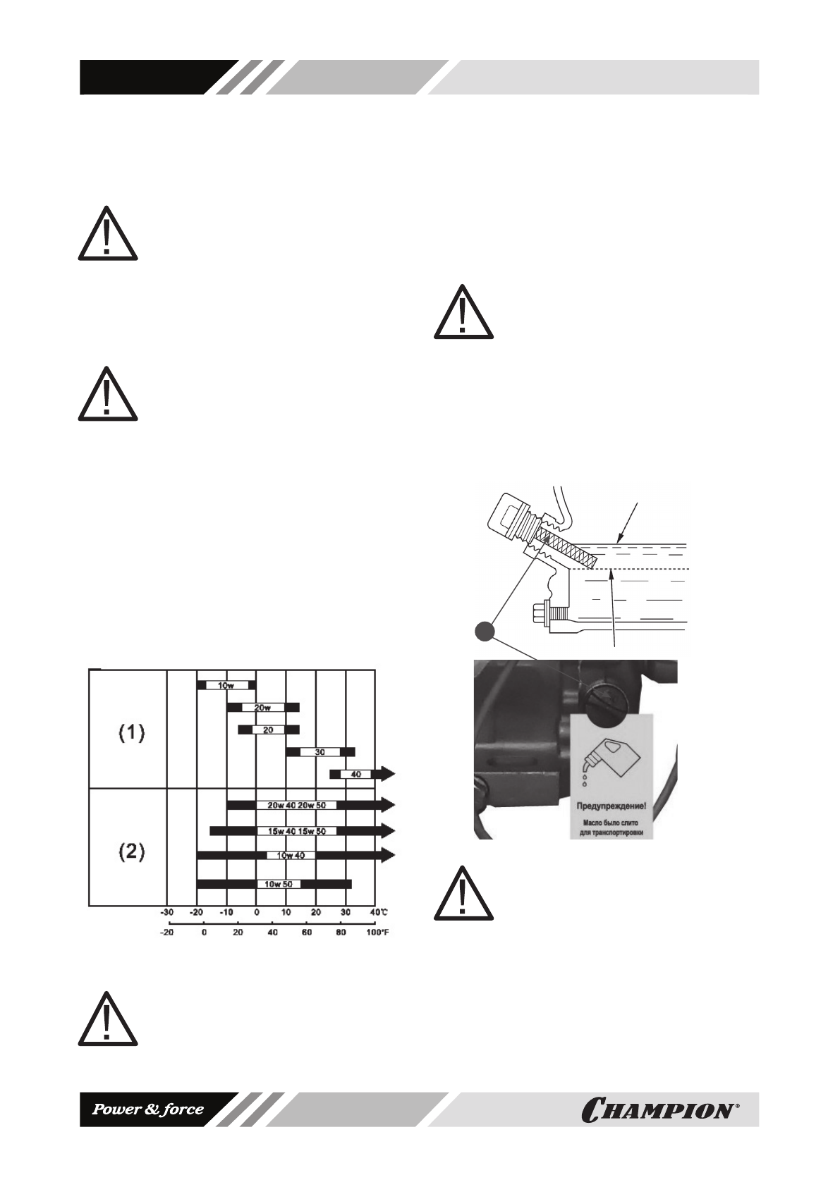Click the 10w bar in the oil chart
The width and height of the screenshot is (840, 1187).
[x=226, y=685]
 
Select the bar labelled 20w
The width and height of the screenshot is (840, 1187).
[x=262, y=708]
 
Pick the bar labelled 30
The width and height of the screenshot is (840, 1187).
[x=319, y=752]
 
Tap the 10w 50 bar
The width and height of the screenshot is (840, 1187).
[x=274, y=884]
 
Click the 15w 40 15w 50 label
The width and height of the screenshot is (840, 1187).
[x=296, y=831]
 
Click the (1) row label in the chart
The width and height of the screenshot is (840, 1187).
[x=130, y=733]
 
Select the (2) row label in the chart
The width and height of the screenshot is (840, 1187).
[x=130, y=851]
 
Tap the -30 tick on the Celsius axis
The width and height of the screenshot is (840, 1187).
[x=166, y=912]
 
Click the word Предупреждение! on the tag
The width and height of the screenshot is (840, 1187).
[x=611, y=806]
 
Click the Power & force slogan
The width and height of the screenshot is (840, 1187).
[x=149, y=1109]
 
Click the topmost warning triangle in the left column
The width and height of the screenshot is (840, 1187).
[x=107, y=234]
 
